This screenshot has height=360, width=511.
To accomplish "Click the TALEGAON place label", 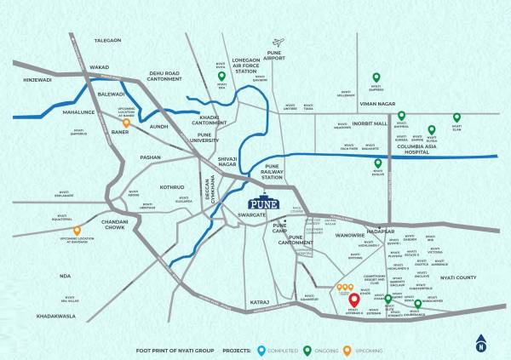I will coord(108,41).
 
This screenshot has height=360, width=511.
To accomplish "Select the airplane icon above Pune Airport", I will coord(277,42).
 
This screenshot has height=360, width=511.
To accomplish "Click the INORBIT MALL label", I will coord(366,123).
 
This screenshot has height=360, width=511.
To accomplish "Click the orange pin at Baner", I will coord(125,123).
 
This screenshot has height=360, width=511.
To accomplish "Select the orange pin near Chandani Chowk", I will coord(77,230).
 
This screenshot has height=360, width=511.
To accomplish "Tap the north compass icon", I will coord(481,345).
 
